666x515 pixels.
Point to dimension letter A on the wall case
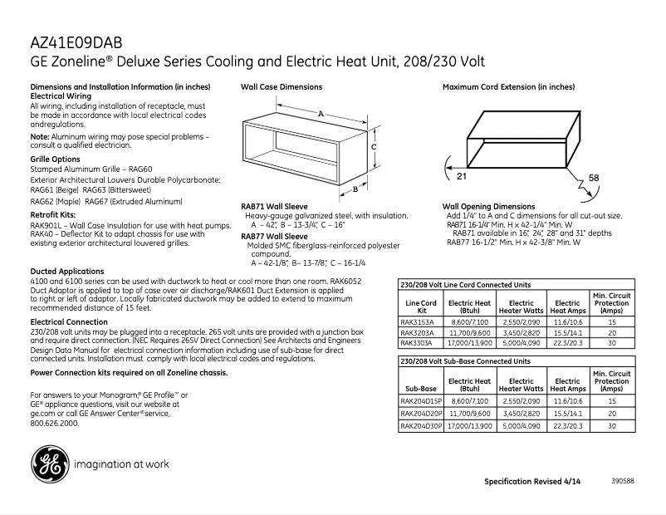pyautogui.click(x=321, y=113)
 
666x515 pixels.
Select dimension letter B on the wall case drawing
pyautogui.click(x=355, y=189)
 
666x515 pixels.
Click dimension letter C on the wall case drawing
pyautogui.click(x=375, y=146)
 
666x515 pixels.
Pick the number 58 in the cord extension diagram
pyautogui.click(x=594, y=179)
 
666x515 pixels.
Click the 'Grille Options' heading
pyautogui.click(x=56, y=159)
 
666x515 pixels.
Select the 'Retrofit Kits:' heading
pyautogui.click(x=54, y=214)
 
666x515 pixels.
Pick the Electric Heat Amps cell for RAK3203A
pyautogui.click(x=568, y=331)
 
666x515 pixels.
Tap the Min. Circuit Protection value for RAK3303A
pyautogui.click(x=612, y=342)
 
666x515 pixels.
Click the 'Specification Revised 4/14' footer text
pyautogui.click(x=532, y=482)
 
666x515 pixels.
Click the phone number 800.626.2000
pyautogui.click(x=55, y=423)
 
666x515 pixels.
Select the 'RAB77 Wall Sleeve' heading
pyautogui.click(x=275, y=237)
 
